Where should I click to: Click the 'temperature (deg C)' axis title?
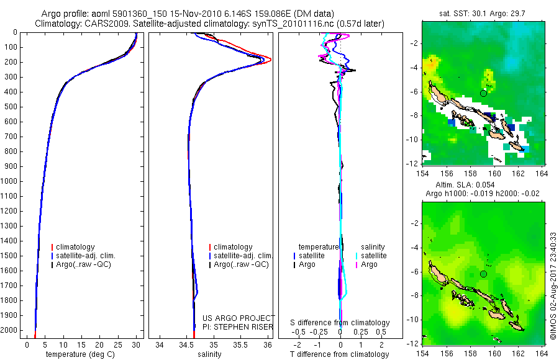click(80, 354)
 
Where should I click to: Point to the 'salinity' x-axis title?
click(209, 354)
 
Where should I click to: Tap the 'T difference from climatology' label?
click(339, 354)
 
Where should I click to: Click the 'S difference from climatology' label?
click(340, 323)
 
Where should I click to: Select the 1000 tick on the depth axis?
click(10, 181)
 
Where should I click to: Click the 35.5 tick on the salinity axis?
click(240, 344)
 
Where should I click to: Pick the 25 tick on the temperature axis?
click(117, 344)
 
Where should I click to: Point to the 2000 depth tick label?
click(10, 330)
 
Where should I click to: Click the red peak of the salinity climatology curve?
click(271, 60)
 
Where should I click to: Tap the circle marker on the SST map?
click(483, 93)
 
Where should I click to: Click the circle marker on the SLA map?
click(483, 274)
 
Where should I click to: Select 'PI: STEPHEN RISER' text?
click(238, 327)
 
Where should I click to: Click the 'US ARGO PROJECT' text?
click(239, 318)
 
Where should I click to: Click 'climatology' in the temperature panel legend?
click(75, 247)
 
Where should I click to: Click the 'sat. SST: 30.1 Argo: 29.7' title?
click(482, 14)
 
